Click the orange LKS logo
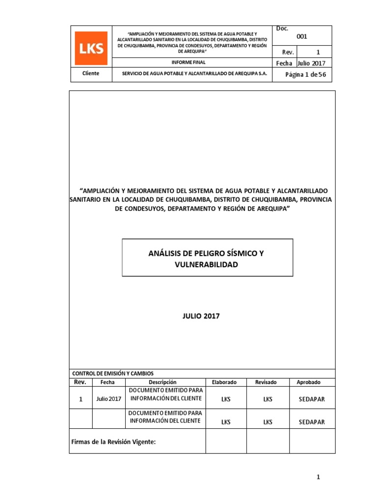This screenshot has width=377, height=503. coord(91,48)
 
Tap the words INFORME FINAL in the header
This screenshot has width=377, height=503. coord(188,62)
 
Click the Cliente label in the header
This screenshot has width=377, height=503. coord(91,74)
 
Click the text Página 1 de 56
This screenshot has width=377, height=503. coord(305,74)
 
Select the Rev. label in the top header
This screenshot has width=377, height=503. coord(287,52)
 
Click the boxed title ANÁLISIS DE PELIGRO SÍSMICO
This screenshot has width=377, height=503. coord(206,253)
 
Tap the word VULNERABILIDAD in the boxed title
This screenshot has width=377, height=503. coord(206,264)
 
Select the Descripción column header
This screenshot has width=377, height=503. coord(162,382)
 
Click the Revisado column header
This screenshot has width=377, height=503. coord(266,382)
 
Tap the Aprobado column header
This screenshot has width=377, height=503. coord(309,382)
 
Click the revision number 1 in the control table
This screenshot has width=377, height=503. coord(81,399)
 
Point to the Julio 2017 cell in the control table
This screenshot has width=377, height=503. coord(108,399)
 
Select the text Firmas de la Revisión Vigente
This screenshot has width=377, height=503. coord(114,442)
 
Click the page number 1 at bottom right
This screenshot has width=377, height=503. coord(318,477)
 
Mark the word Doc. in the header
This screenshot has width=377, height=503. coord(282,29)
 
